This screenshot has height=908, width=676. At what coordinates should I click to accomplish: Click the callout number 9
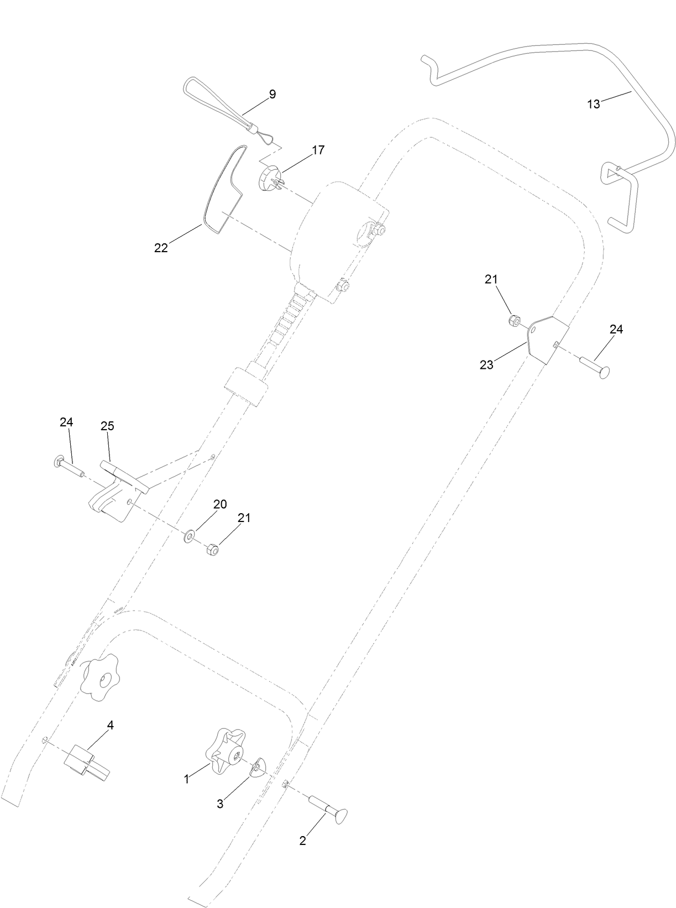(x=272, y=94)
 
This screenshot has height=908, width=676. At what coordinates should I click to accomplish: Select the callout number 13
(x=593, y=104)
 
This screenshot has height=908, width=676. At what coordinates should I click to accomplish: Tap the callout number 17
(x=318, y=150)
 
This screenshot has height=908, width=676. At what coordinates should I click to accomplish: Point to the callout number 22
(x=161, y=248)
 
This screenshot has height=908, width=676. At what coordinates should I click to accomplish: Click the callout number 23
(x=486, y=365)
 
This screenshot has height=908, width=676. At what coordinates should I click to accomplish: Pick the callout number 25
(x=107, y=426)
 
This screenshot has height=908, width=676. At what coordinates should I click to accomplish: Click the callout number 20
(x=220, y=504)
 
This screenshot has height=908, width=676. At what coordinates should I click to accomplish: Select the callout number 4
(x=110, y=725)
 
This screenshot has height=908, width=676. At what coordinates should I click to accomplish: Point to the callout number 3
(x=220, y=803)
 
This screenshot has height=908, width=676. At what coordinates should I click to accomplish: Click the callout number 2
(x=302, y=841)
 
